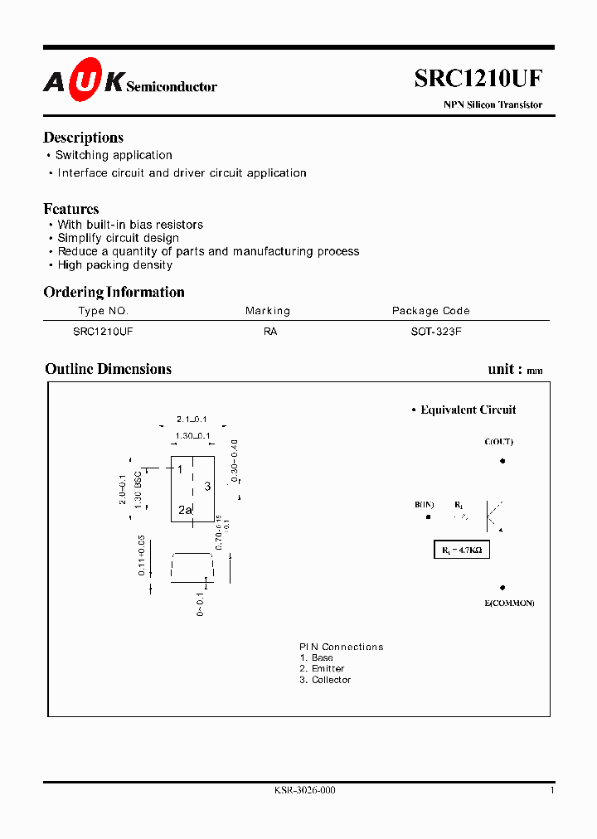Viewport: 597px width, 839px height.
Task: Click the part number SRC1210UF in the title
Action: click(478, 79)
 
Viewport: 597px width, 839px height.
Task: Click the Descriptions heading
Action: click(83, 138)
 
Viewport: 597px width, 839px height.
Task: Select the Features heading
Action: click(71, 209)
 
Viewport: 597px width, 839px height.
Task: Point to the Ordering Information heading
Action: click(114, 292)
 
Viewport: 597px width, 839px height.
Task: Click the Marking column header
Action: click(268, 311)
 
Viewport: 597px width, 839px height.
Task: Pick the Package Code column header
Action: click(430, 311)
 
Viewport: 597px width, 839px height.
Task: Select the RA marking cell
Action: click(270, 331)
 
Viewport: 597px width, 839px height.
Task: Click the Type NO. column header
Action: click(104, 311)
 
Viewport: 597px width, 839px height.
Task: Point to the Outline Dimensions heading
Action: click(108, 369)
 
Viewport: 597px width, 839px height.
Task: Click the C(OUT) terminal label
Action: click(498, 442)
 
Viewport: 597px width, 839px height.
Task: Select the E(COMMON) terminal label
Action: click(509, 603)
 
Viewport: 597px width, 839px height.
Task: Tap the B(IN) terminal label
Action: click(425, 505)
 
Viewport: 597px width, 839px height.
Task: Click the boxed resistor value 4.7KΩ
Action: click(462, 550)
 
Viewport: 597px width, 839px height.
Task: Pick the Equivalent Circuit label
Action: click(468, 410)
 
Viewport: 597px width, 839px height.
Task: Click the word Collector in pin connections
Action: click(331, 680)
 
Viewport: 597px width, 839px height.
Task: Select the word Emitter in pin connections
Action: click(328, 668)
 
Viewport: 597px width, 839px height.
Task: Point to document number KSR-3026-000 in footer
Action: click(304, 791)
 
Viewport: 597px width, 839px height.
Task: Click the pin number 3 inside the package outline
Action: click(207, 486)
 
